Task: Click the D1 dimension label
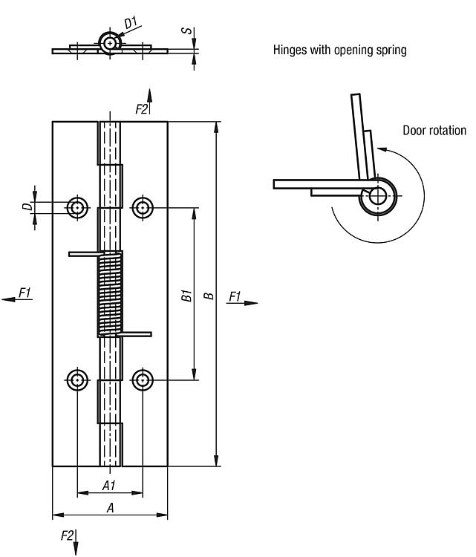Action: [131, 23]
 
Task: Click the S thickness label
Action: [189, 33]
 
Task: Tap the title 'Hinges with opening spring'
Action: [340, 51]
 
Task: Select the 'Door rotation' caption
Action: [434, 131]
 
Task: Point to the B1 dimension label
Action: [186, 295]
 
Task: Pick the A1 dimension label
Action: [108, 485]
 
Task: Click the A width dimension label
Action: [110, 508]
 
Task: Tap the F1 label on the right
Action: [235, 296]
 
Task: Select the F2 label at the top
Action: [142, 109]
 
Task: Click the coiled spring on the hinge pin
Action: [110, 294]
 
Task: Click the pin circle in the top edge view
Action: [111, 44]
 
